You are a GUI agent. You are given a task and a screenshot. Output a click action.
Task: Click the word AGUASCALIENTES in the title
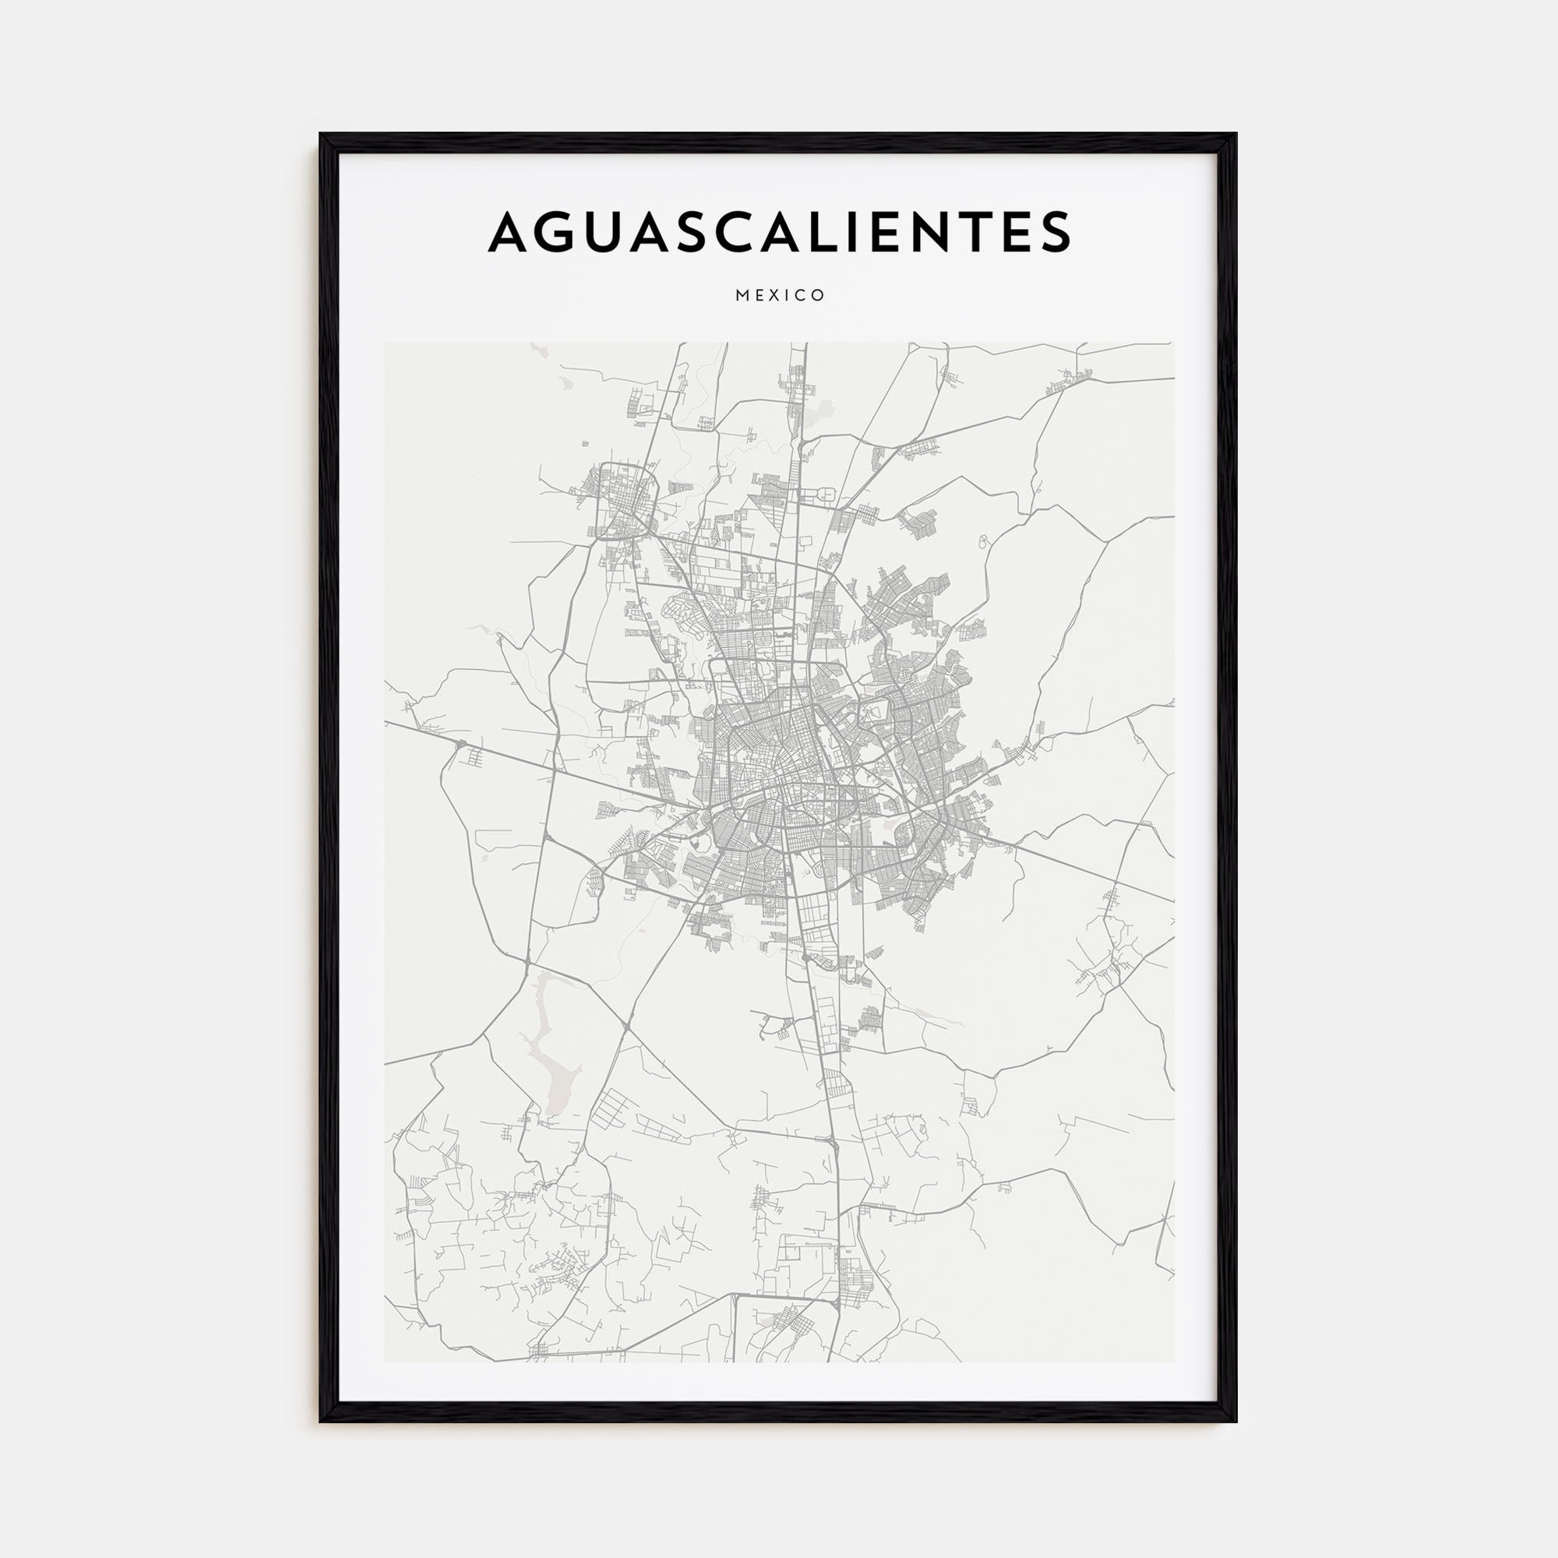pyautogui.click(x=779, y=231)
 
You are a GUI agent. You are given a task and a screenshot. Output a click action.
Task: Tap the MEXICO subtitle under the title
pyautogui.click(x=780, y=295)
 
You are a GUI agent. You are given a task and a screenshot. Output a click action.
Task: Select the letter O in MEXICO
pyautogui.click(x=820, y=295)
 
